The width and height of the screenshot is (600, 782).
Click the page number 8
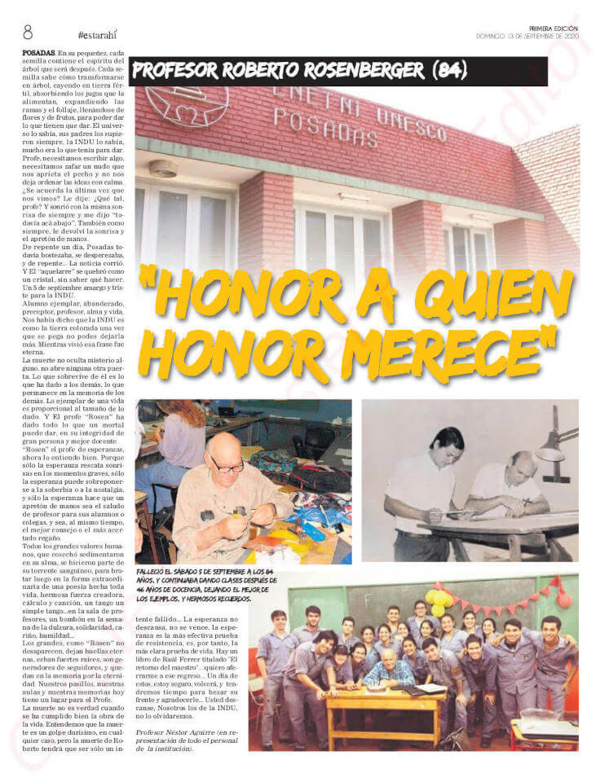point(28,33)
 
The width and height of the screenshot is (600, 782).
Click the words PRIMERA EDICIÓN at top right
point(554,28)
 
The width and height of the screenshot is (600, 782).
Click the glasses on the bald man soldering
point(226,468)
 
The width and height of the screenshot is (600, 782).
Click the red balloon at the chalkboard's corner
point(564,598)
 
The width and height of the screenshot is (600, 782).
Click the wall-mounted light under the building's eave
point(163,169)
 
